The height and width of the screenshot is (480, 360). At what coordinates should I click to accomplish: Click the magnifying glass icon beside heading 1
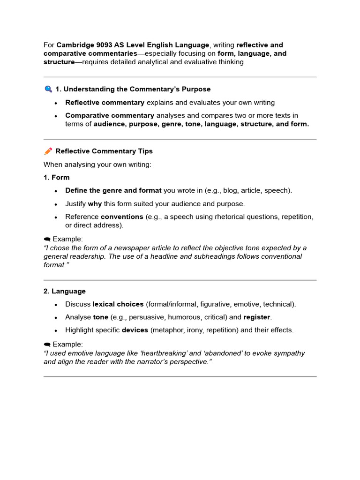pos(48,89)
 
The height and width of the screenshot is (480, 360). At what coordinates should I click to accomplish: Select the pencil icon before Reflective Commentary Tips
pos(48,151)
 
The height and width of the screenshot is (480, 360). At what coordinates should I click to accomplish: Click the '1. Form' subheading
pos(56,177)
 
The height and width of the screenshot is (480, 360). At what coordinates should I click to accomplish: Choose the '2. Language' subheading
pos(65,291)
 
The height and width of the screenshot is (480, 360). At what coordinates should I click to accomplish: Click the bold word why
pos(95,203)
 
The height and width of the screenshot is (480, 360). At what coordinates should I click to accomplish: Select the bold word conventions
pos(122,217)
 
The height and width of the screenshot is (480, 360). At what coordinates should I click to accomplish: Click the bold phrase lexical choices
pos(118,304)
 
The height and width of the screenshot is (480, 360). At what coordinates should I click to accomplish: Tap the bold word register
pos(257,317)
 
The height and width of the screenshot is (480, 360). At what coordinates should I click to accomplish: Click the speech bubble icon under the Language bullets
pos(47,345)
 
